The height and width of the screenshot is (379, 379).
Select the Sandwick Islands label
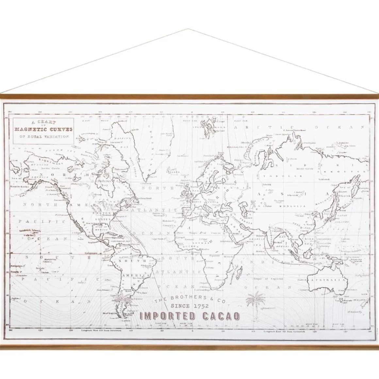(x=30, y=231)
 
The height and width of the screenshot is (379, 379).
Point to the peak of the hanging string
(x=188, y=29)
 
